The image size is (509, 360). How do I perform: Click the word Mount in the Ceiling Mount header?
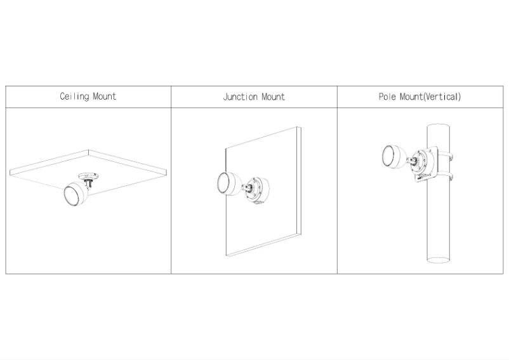(105, 97)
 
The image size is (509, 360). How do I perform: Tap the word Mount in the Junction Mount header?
(274, 97)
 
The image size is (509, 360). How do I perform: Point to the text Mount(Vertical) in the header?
(430, 97)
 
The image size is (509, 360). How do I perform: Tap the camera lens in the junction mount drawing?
(223, 183)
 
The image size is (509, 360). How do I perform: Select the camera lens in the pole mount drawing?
(388, 156)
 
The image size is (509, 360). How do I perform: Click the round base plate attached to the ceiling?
(89, 177)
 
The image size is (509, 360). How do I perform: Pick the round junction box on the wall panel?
(257, 190)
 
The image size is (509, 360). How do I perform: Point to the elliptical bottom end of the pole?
(438, 260)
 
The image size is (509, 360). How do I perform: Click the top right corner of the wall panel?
(301, 127)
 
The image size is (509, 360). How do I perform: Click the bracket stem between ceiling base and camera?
(89, 183)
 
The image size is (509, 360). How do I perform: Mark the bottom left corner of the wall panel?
(226, 256)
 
